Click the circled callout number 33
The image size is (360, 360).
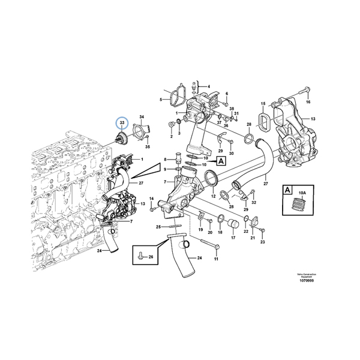click(x=122, y=123)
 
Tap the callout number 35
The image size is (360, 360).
click(x=148, y=146)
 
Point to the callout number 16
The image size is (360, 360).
click(x=309, y=103)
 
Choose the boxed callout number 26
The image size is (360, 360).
click(x=151, y=257)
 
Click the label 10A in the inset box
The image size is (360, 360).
click(x=303, y=193)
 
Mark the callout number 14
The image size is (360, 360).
click(x=152, y=198)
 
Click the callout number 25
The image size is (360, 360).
click(x=157, y=227)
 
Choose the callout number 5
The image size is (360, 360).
click(x=161, y=100)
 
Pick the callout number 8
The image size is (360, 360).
click(x=166, y=160)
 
